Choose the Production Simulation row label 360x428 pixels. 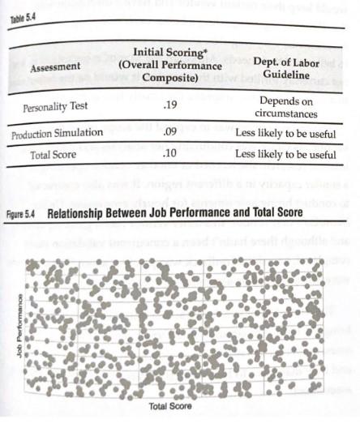[x=56, y=132]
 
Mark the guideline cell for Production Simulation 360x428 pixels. [x=283, y=132]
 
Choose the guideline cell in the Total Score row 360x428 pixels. [x=283, y=153]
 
